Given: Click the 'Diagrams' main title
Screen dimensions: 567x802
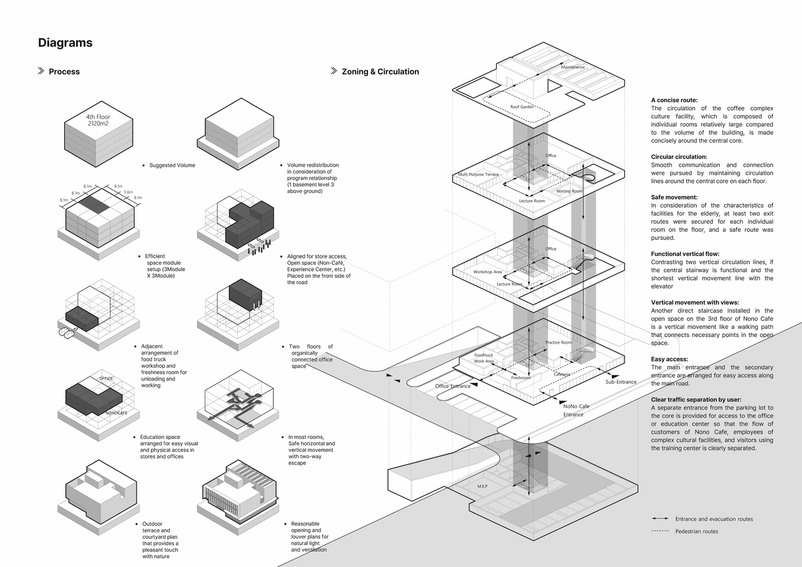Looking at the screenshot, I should coord(65,43).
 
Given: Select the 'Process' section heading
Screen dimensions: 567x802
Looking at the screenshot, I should coord(64,72).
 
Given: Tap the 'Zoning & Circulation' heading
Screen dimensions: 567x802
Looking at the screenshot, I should coord(380,72).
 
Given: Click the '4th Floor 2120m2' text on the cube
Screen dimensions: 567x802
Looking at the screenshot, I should coord(99,120).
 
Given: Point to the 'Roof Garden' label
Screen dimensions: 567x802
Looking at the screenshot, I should coord(522,107).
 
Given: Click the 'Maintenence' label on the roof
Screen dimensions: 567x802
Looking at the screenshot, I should coord(573,67).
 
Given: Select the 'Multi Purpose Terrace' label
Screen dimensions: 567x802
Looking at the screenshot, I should coord(479,175).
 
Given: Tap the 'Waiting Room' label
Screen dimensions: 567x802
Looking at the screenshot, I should coord(569,191).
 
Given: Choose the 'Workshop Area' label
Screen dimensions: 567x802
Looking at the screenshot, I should coord(488,272).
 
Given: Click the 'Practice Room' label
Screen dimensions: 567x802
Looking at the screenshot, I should coord(559,342).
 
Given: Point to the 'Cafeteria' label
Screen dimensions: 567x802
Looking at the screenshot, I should coord(562,374).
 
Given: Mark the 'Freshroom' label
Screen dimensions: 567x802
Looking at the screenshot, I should coord(521,378).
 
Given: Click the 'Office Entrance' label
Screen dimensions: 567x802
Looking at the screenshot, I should coord(453,386).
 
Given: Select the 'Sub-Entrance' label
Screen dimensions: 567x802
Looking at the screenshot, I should coord(621,382).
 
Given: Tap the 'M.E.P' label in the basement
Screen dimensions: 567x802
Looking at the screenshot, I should coord(482,486).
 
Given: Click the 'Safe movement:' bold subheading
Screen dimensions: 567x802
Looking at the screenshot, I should coord(674,197).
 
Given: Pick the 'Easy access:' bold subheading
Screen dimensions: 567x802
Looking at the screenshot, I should coord(669,359).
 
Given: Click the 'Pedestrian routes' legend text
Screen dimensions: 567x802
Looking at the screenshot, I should coord(697,531).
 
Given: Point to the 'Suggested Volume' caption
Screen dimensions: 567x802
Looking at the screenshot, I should coord(172,166).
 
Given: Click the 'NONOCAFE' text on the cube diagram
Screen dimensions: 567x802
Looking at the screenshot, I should coord(116,413).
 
